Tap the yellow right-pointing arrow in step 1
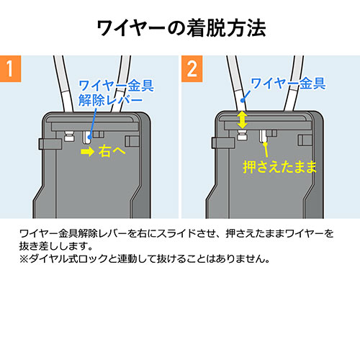(x=87, y=153)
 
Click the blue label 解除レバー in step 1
(x=106, y=99)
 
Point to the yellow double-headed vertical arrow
(x=243, y=119)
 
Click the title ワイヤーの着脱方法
(x=180, y=29)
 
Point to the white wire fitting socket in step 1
(x=70, y=136)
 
